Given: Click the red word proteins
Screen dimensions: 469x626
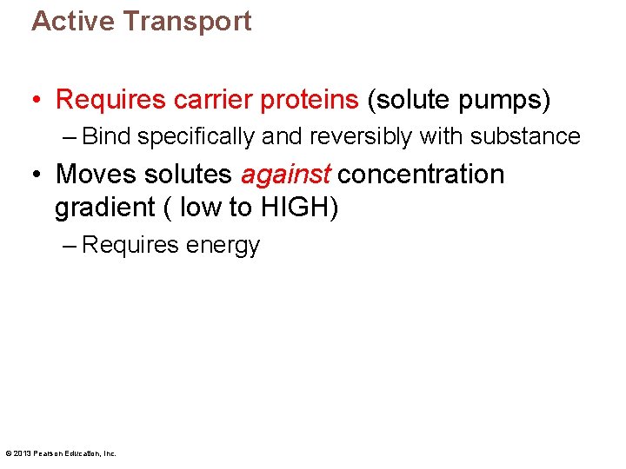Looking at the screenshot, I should [x=312, y=100].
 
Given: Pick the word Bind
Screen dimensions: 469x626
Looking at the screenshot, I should [x=107, y=136].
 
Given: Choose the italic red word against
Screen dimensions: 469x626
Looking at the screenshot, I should [x=285, y=175].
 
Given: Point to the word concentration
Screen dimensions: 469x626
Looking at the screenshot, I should [x=421, y=174].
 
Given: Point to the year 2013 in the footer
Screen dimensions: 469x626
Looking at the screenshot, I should [x=23, y=452].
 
